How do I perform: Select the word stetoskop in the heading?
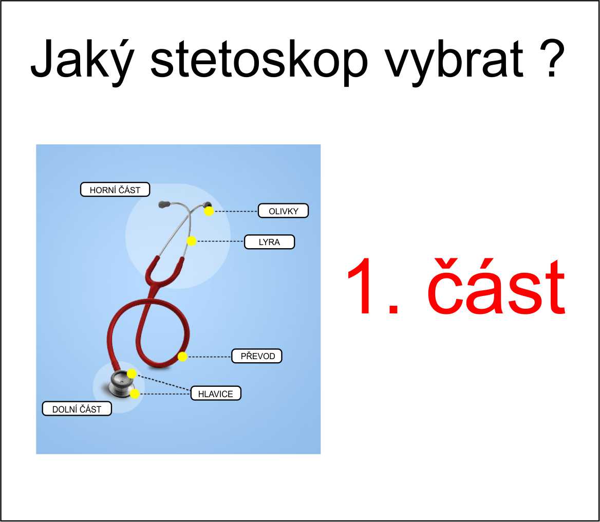[x=259, y=61]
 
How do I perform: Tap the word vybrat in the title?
[x=454, y=61]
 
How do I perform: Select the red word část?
[x=496, y=286]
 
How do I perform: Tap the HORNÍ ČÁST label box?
[x=115, y=190]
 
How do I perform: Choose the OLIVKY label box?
[x=283, y=211]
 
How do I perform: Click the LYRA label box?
[x=269, y=242]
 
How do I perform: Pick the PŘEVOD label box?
[x=257, y=356]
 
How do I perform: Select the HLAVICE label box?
[x=216, y=394]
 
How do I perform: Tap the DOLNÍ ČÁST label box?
[x=77, y=409]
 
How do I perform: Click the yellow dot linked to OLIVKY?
[x=209, y=211]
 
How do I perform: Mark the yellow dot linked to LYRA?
[x=191, y=241]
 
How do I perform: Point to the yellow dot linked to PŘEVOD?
[x=182, y=357]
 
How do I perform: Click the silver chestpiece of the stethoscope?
[x=119, y=383]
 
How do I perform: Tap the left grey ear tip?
[x=164, y=205]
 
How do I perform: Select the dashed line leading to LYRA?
[x=220, y=241]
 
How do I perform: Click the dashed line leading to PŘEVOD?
[x=210, y=357]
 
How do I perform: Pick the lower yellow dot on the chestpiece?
[x=135, y=394]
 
